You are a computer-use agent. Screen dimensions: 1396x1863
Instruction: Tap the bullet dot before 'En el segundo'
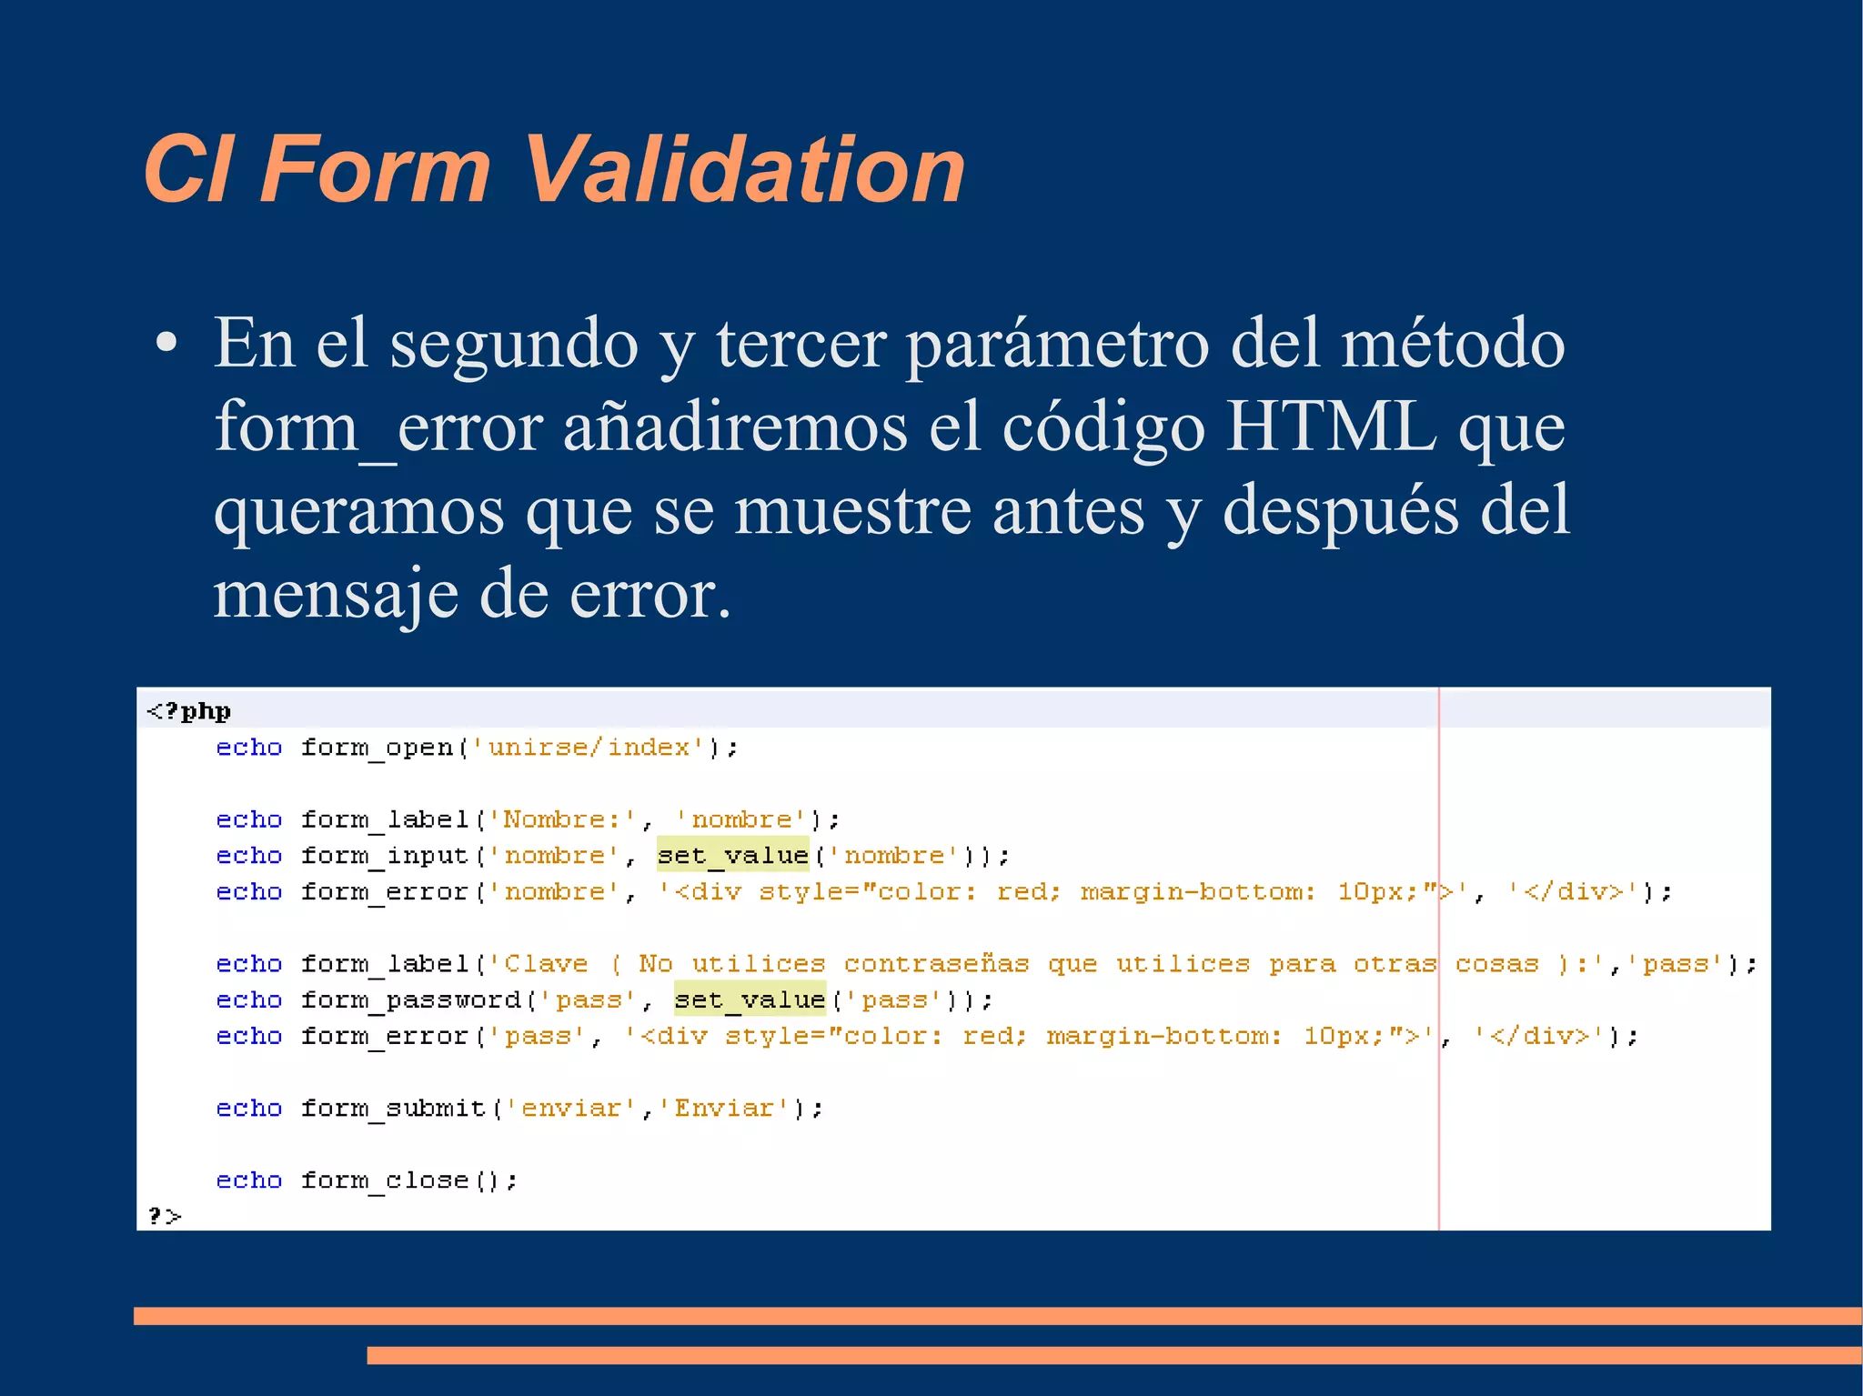[166, 344]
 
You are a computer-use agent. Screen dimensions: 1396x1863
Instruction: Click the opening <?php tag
[188, 711]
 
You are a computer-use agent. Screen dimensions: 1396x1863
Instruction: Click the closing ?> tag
[165, 1216]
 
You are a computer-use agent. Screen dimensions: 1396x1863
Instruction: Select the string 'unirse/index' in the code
[589, 748]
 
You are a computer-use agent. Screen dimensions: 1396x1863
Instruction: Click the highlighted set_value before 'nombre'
[733, 856]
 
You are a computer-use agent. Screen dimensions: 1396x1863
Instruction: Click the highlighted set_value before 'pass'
[750, 1000]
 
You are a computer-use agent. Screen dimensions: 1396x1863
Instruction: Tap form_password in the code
[410, 1000]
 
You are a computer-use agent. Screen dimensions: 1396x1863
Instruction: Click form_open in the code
[376, 748]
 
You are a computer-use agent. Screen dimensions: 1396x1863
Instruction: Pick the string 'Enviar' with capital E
[724, 1109]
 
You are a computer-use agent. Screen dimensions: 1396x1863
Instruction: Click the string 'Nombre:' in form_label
[562, 819]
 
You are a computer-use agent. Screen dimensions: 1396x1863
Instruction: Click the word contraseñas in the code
[936, 964]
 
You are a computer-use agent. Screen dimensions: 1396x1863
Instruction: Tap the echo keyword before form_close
[248, 1180]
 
